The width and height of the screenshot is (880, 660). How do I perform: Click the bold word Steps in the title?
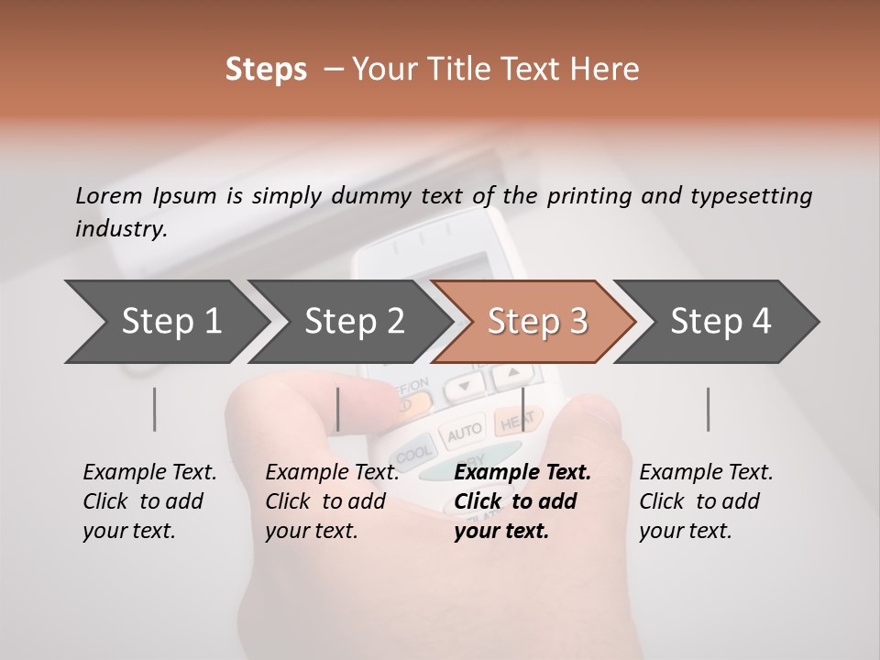266,70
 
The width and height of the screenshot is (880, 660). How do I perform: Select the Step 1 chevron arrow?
165,322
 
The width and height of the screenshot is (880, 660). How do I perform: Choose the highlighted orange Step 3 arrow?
536,322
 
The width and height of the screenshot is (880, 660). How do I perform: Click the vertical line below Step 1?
155,409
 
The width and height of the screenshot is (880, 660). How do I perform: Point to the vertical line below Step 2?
338,409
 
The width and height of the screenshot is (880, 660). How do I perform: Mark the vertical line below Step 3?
522,409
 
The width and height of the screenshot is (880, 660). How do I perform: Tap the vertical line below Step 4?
708,409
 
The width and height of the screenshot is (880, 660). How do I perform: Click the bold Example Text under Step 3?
522,473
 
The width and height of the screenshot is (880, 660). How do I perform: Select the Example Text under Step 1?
149,473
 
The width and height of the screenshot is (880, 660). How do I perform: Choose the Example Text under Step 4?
706,473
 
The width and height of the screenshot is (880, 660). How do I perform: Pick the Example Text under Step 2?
332,473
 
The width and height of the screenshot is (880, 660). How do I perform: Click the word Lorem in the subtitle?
109,196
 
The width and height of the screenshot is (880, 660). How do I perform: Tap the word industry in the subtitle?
119,229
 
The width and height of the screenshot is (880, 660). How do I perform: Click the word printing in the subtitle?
592,196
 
